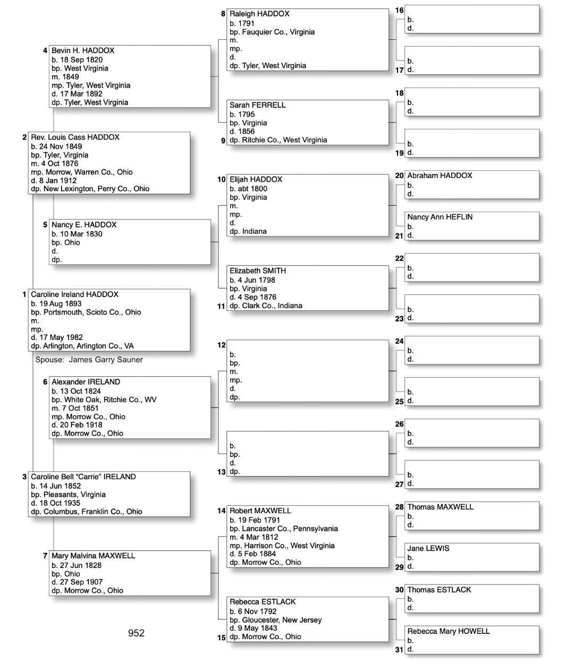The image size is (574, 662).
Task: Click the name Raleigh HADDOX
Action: tap(259, 14)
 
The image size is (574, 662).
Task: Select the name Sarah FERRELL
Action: tap(258, 105)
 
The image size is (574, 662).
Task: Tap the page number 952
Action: tap(136, 633)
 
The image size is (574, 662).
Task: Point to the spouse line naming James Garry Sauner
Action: tap(89, 360)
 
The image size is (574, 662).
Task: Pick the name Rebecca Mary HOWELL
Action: tap(449, 631)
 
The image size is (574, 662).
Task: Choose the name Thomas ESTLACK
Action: tap(439, 590)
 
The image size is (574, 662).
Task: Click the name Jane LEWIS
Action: tap(428, 548)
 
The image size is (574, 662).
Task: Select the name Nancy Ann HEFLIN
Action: tap(440, 217)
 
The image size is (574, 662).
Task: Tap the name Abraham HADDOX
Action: tap(440, 175)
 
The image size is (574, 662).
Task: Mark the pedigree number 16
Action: tap(400, 11)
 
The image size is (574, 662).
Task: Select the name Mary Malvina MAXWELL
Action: tap(94, 556)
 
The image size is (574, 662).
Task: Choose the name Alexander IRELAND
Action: tap(86, 382)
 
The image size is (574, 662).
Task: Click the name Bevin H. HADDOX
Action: tap(83, 50)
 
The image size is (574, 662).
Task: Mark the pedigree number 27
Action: tap(400, 484)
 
